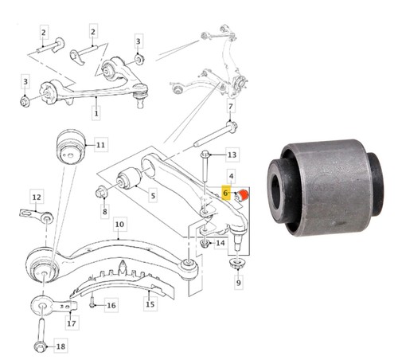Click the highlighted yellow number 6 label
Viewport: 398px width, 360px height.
(x=225, y=193)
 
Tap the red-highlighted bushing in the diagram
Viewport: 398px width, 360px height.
(x=244, y=195)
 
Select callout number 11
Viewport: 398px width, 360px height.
(x=100, y=145)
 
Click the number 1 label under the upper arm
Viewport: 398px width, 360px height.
(x=96, y=113)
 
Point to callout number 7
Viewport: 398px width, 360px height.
(x=231, y=107)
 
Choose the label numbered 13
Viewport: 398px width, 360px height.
(x=232, y=155)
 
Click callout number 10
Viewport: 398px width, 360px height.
(x=119, y=225)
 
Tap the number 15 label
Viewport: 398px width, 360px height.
(x=150, y=303)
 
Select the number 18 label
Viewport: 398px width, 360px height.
(x=60, y=346)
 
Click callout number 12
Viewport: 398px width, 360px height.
(x=37, y=197)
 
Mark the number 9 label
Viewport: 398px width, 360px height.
(x=238, y=283)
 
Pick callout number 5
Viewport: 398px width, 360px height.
(x=153, y=196)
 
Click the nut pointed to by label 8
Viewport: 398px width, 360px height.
(x=101, y=193)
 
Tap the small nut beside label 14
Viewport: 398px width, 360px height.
(x=204, y=244)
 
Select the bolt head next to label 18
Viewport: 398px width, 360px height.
(x=41, y=346)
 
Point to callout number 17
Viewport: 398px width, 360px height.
(x=71, y=323)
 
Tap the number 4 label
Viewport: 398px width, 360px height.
(x=232, y=176)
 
